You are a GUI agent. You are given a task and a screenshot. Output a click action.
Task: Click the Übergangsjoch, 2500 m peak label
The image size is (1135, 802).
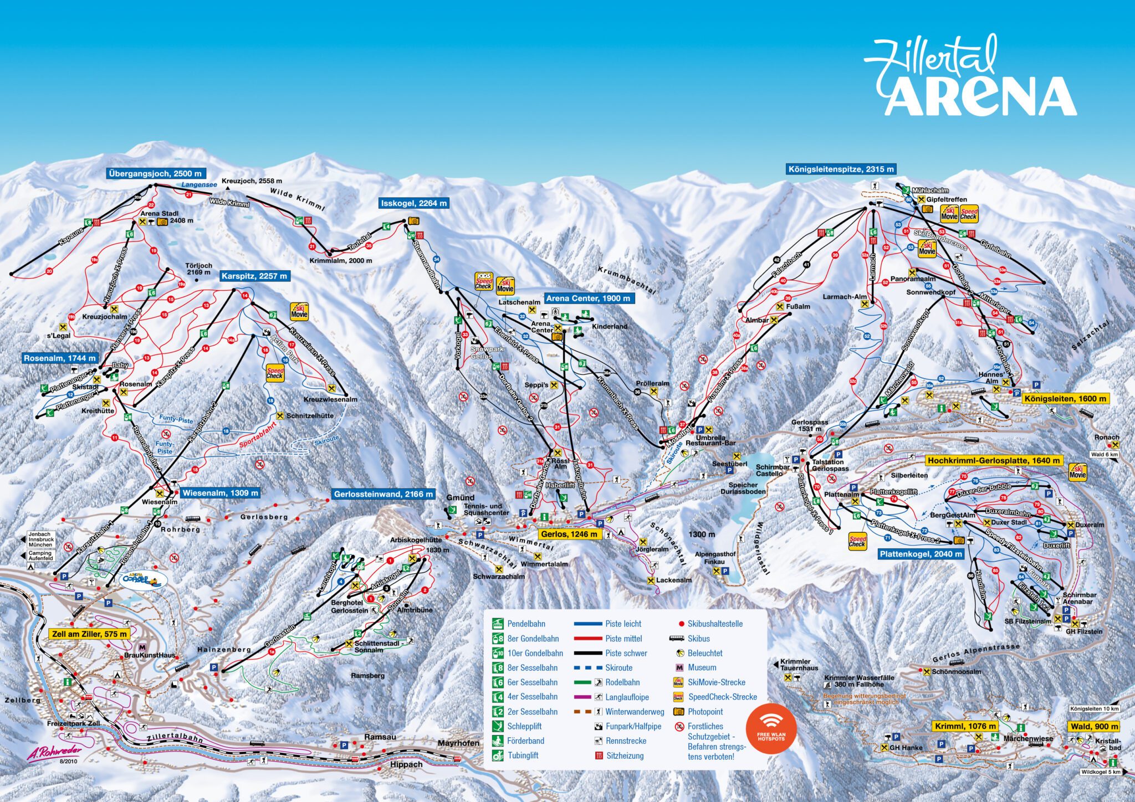(155, 173)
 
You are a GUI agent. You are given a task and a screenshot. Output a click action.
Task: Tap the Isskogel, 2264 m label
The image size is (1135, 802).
(413, 203)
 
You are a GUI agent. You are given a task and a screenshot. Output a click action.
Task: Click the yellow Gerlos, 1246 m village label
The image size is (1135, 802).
(570, 534)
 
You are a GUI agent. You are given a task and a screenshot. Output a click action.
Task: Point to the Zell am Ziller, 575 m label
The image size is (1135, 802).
(89, 634)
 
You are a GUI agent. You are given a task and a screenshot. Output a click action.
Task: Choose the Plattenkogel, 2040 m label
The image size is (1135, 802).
(921, 554)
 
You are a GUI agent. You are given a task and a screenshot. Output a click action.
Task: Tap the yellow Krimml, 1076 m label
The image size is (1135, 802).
(965, 726)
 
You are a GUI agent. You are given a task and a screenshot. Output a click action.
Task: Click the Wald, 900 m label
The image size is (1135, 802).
(1094, 726)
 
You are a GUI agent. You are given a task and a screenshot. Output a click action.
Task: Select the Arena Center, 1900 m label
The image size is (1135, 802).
(587, 298)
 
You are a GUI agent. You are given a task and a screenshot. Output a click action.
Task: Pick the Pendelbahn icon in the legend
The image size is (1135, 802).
(498, 624)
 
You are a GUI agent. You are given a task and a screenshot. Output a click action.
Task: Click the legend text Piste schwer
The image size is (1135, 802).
(626, 653)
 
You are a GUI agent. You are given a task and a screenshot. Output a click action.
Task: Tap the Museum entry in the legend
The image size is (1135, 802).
(702, 667)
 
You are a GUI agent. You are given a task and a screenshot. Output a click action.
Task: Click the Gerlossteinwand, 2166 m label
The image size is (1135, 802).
(384, 493)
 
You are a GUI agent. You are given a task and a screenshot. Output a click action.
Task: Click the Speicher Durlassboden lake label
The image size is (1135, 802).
(743, 488)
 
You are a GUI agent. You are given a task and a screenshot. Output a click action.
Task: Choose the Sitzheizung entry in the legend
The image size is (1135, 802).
(625, 755)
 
